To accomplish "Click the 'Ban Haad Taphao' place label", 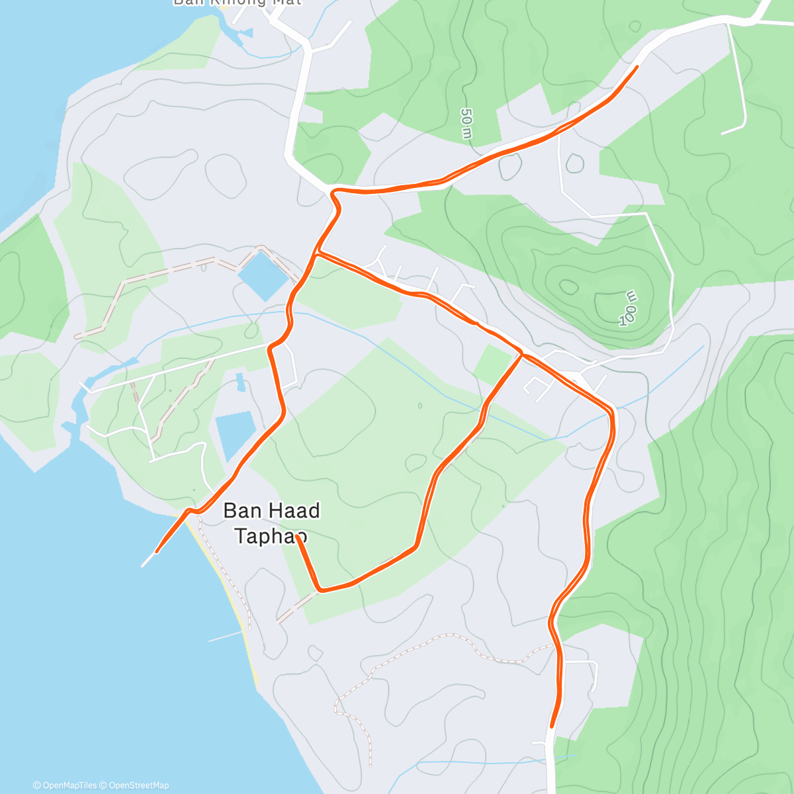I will coord(271,523).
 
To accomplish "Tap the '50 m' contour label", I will coord(467,124).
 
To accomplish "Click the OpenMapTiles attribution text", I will coord(65,785).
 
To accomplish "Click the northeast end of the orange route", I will coord(637,67).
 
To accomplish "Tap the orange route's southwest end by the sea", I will coord(157,551).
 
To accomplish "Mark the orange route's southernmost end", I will coord(551,727).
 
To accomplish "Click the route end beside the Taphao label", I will coord(298,537).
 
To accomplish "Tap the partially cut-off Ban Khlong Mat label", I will coord(237,3).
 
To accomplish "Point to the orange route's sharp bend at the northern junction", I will coord(334,192).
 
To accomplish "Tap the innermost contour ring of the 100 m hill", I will coord(568,287).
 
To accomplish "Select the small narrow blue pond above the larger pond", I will coord(240,382).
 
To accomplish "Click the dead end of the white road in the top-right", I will coord(722,134).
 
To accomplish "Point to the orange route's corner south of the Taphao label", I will coord(320,589).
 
